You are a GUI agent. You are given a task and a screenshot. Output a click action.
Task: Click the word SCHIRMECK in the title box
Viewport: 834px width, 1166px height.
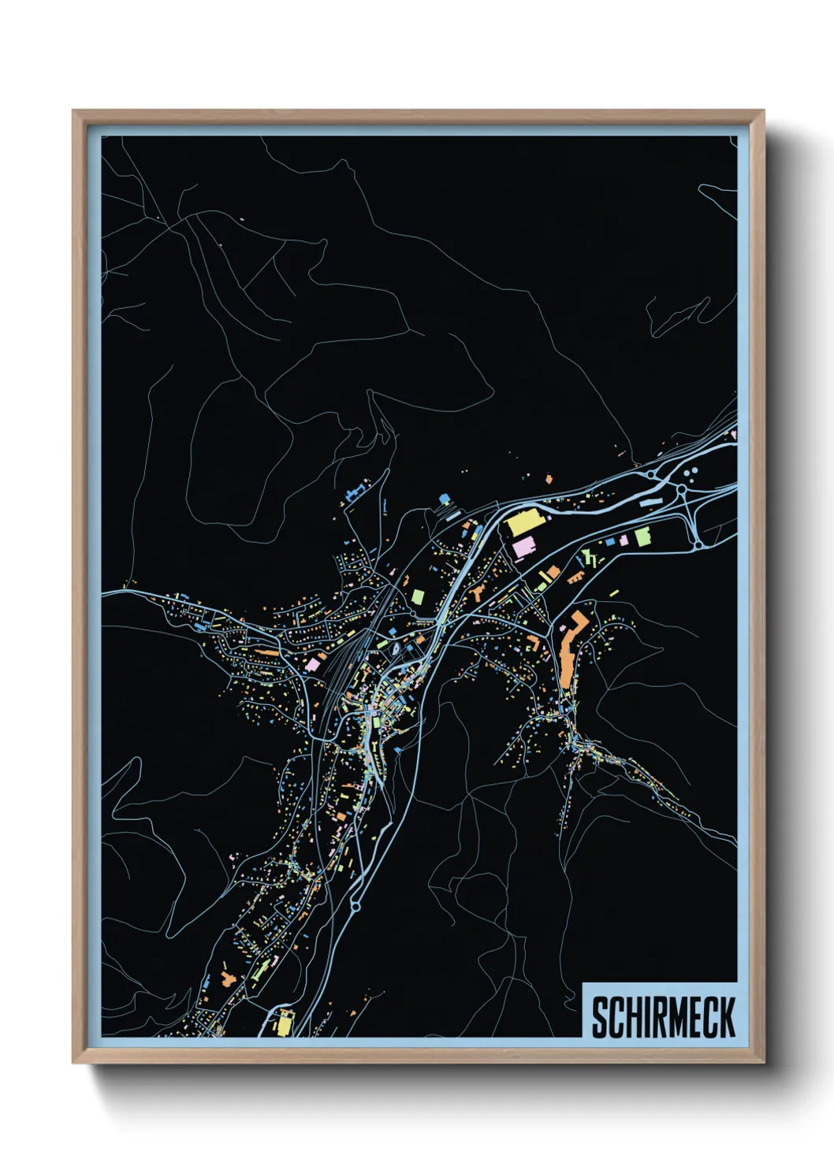(x=663, y=1017)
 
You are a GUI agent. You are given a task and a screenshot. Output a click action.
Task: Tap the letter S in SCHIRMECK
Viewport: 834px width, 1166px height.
(x=600, y=1017)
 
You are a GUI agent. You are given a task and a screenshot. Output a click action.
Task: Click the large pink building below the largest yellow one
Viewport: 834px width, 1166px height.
(x=523, y=547)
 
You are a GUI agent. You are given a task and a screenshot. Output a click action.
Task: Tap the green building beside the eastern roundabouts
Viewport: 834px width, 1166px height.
(x=643, y=537)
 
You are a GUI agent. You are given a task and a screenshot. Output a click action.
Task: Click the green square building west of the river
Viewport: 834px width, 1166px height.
(x=417, y=596)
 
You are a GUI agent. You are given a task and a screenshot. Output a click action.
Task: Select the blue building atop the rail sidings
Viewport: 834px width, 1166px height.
(x=444, y=499)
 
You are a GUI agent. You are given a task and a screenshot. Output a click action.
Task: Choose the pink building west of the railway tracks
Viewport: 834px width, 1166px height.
(x=313, y=664)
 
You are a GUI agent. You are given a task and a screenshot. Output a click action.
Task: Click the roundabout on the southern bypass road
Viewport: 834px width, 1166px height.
(x=355, y=906)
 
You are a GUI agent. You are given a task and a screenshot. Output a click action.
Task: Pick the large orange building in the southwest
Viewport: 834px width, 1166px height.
(x=229, y=979)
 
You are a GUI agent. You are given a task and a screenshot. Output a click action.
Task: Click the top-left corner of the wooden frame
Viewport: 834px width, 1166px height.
(x=73, y=111)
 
